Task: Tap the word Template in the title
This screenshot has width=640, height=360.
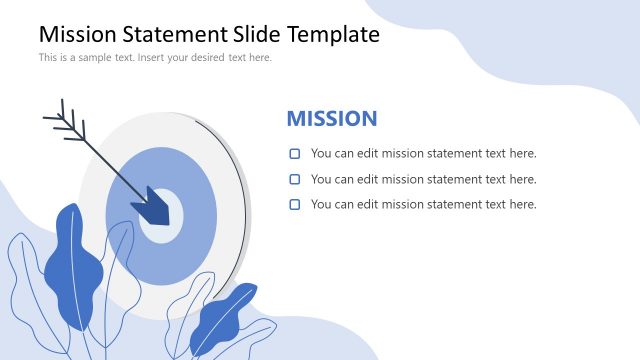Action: click(333, 34)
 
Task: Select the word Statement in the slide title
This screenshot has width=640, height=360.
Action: click(178, 34)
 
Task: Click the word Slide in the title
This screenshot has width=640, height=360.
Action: click(258, 34)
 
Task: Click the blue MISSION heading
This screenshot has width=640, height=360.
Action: click(332, 119)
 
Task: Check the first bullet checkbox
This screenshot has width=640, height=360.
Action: click(295, 154)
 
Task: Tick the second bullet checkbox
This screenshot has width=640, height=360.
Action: click(295, 180)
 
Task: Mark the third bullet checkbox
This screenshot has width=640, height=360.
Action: click(295, 205)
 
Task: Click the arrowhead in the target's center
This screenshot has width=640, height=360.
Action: click(155, 205)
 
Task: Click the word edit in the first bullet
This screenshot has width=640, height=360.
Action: click(370, 154)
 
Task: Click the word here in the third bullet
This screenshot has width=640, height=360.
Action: click(524, 205)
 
